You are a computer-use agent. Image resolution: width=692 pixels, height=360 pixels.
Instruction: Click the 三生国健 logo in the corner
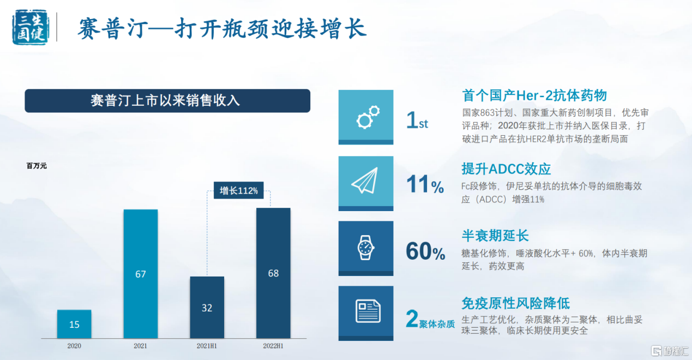(31, 27)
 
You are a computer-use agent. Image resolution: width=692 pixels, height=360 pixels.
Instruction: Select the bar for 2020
(74, 324)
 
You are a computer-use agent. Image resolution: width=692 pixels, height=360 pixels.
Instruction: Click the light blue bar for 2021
(141, 274)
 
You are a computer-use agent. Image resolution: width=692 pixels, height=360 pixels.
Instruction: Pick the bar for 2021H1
(207, 308)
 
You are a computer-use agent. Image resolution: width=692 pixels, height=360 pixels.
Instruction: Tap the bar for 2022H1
(273, 273)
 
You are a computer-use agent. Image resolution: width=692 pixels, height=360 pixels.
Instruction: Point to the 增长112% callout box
(238, 190)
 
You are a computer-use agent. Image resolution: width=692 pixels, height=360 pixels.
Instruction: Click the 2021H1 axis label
(207, 346)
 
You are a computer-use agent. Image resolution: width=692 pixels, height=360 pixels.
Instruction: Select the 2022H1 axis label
(273, 346)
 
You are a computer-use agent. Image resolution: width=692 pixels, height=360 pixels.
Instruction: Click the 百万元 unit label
(37, 166)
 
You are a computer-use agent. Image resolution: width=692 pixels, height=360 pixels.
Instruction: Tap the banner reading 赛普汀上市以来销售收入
(167, 101)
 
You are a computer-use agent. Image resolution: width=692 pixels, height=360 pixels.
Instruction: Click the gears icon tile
(366, 117)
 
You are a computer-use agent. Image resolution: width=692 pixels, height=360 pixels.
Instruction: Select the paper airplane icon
(365, 181)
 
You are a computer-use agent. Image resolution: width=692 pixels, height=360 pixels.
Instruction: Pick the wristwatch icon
(366, 248)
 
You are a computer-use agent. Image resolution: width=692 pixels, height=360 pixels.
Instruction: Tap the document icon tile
(366, 313)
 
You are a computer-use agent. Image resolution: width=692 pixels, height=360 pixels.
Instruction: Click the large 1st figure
(417, 120)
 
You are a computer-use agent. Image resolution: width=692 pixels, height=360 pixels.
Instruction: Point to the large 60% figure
(425, 251)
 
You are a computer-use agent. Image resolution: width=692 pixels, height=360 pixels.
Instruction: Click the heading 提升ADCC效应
(506, 169)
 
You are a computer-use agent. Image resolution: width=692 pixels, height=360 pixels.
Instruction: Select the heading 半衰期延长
(495, 236)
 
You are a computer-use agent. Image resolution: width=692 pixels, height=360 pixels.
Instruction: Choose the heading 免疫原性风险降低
(516, 303)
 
